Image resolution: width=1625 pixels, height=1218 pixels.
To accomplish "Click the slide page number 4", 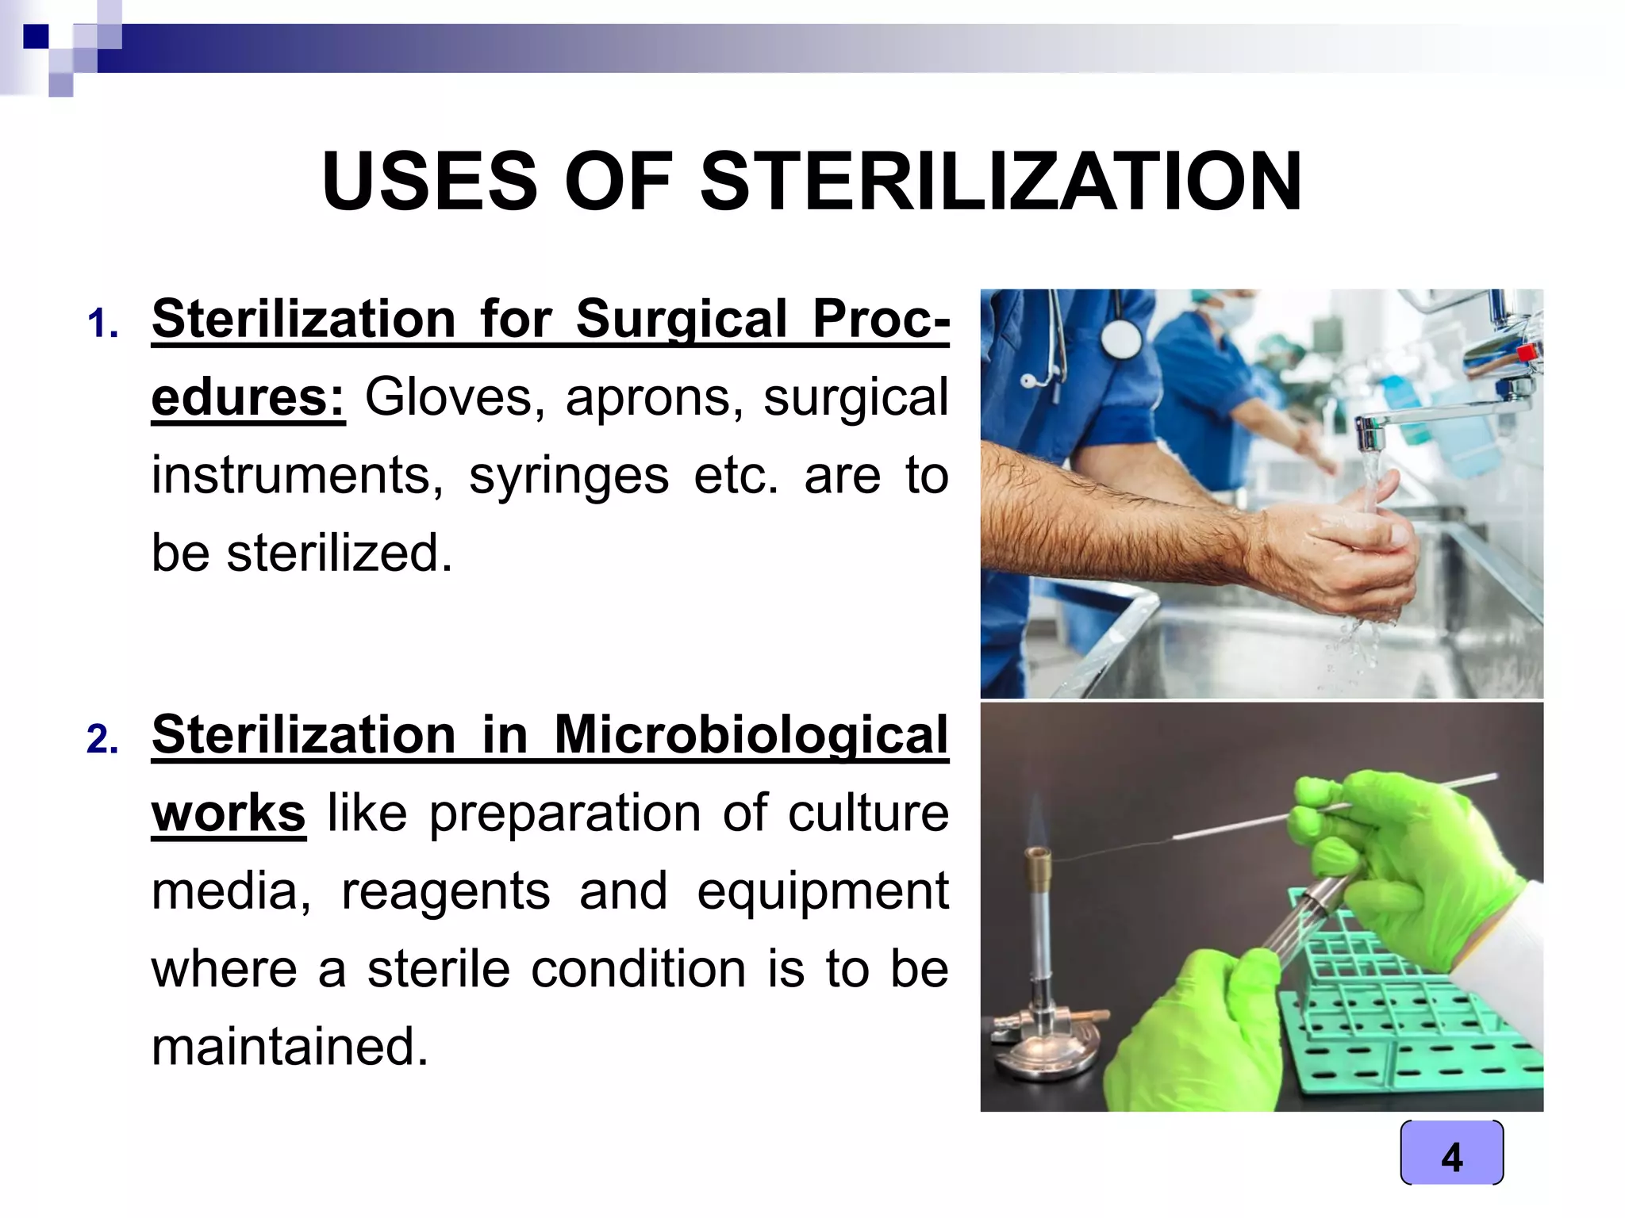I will (x=1451, y=1156).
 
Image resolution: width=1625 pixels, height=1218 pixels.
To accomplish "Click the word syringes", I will (x=568, y=475).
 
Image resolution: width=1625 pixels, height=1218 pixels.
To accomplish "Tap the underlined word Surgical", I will (x=681, y=319).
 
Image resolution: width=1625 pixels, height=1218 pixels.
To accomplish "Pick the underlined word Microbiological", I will (x=751, y=734).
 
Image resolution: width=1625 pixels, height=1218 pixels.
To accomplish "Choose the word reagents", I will (x=445, y=891).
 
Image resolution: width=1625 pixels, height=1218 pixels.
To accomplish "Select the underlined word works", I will (x=229, y=813).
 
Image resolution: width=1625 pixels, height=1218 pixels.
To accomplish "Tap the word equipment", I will (x=822, y=891).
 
